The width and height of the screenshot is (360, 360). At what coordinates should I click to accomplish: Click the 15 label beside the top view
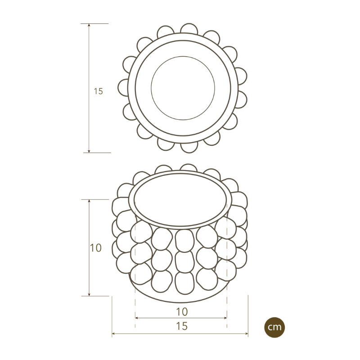99,91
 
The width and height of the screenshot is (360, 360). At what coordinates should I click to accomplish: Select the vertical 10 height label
96,247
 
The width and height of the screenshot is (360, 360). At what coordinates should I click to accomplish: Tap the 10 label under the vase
181,311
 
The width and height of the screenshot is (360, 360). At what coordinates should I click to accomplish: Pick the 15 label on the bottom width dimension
181,326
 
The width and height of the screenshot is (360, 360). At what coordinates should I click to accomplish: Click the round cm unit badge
274,327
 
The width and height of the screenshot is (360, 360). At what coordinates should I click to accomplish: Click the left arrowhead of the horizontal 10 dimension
137,318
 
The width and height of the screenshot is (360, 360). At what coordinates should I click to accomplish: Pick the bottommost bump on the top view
189,147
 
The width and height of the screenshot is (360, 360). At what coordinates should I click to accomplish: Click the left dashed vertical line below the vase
135,306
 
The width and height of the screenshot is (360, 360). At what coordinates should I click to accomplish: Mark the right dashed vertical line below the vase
227,306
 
